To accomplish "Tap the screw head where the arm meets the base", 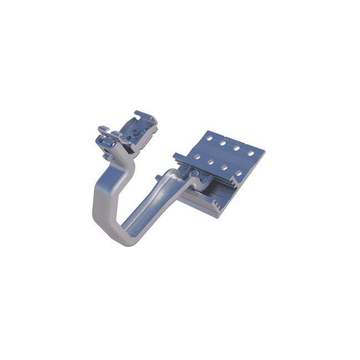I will coord(193,175).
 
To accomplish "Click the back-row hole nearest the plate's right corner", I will coord(250,153).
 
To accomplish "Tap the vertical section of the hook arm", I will coord(99,199).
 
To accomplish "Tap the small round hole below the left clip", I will coord(105,155).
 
